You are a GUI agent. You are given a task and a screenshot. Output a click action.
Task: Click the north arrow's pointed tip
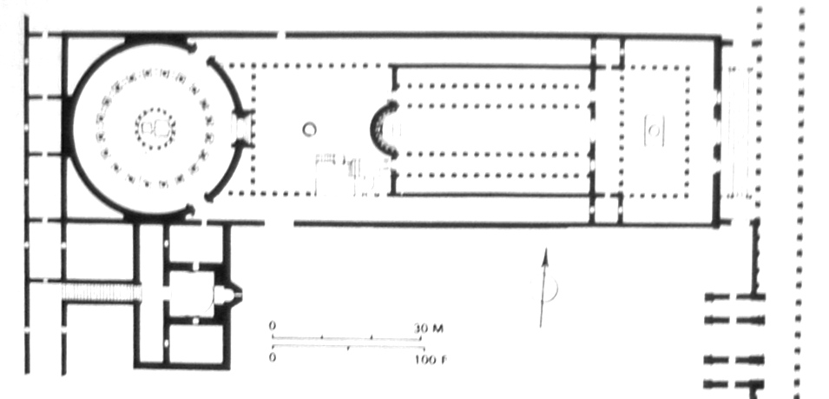coord(546,249)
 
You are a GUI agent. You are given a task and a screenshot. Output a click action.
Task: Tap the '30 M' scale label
coord(429,329)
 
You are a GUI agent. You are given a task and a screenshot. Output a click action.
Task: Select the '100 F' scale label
coord(431,360)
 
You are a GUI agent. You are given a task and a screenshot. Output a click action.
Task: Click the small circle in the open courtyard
coord(309,129)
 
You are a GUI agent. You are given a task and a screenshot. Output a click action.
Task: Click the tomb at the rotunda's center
coord(155,128)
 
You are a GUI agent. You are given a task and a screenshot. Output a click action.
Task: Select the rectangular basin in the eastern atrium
coord(655,130)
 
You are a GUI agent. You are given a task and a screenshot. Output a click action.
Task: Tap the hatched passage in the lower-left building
coord(101,292)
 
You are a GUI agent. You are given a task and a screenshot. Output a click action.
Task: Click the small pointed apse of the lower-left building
coord(232,294)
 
